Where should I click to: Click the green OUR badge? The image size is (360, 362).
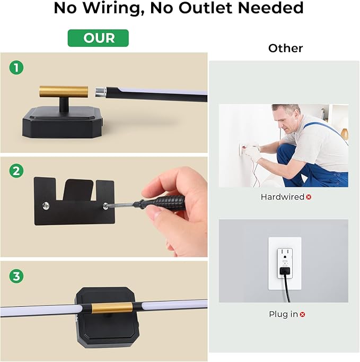pyautogui.click(x=98, y=38)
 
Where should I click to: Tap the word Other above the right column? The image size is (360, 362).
pyautogui.click(x=286, y=48)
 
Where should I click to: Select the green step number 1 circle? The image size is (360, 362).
pyautogui.click(x=16, y=67)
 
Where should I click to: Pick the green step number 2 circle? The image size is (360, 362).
pyautogui.click(x=16, y=171)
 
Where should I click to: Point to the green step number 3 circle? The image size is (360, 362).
pyautogui.click(x=16, y=276)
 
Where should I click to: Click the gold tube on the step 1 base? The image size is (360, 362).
pyautogui.click(x=64, y=92)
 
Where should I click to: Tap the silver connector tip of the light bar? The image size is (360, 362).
pyautogui.click(x=101, y=91)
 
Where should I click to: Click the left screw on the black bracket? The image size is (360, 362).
pyautogui.click(x=46, y=205)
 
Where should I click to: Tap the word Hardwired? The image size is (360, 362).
pyautogui.click(x=283, y=197)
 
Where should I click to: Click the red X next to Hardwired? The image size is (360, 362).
pyautogui.click(x=309, y=197)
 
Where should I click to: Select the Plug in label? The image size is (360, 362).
pyautogui.click(x=284, y=314)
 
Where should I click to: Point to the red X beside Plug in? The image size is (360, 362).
pyautogui.click(x=303, y=314)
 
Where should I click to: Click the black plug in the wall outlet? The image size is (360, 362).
pyautogui.click(x=285, y=271)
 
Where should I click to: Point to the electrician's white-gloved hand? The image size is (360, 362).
pyautogui.click(x=253, y=153)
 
